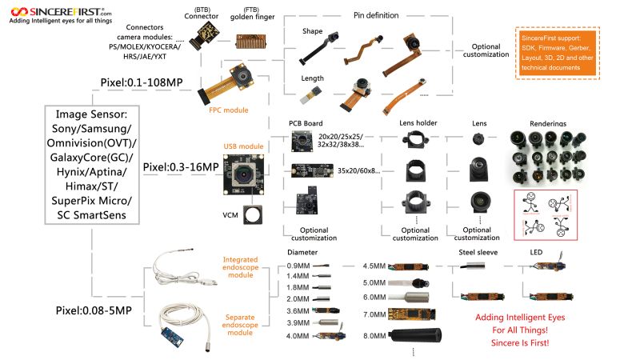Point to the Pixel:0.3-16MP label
pyautogui.click(x=181, y=167)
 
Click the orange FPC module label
pyautogui.click(x=228, y=110)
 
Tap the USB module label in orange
pyautogui.click(x=243, y=146)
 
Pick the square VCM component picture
pyautogui.click(x=253, y=214)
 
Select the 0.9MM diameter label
pyautogui.click(x=298, y=266)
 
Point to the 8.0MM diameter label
pyautogui.click(x=375, y=336)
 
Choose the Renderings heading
pyautogui.click(x=548, y=124)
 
